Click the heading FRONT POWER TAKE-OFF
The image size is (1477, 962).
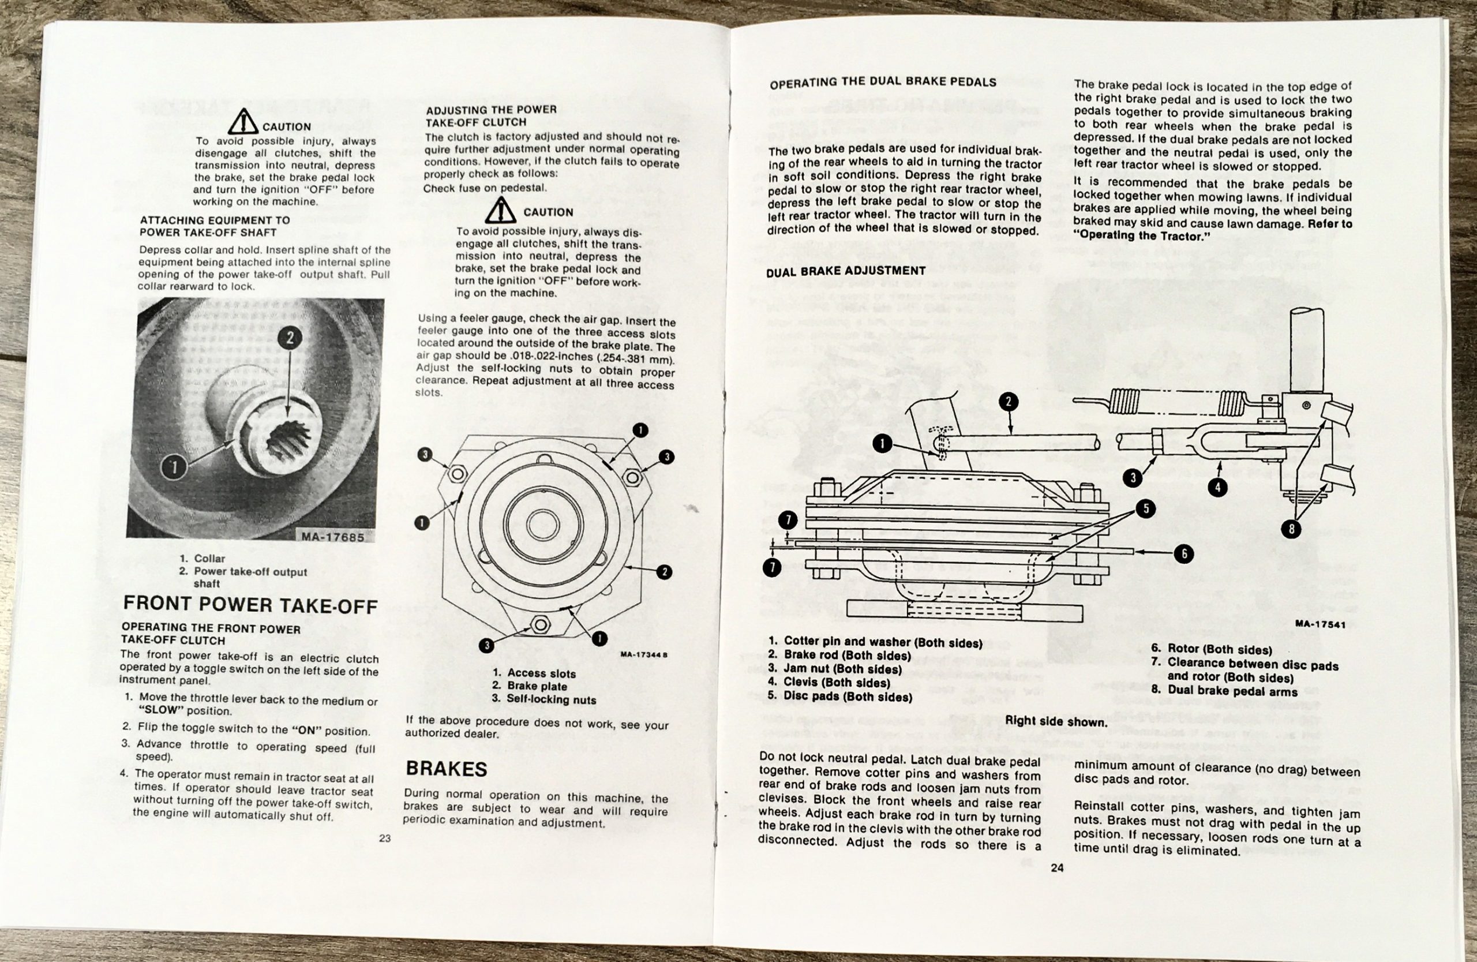pos(250,605)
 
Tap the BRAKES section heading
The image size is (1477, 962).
pos(446,769)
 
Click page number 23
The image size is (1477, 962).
pos(385,839)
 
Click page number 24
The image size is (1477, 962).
pos(1057,869)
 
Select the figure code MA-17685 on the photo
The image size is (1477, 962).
pos(333,537)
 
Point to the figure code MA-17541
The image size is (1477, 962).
pos(1321,624)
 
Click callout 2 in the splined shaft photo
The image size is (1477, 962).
pos(290,338)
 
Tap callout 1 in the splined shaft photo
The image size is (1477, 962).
pos(174,468)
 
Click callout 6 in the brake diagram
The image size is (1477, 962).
pos(1183,553)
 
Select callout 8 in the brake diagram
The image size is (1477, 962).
pos(1291,529)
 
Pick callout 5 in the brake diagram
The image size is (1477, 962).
pos(1146,509)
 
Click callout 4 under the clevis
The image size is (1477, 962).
pos(1217,488)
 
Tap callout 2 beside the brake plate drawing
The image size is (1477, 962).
pos(664,572)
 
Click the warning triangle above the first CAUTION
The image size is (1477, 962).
pos(243,122)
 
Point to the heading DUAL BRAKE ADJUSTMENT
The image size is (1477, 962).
pos(845,271)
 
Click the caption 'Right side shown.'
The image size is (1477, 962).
pos(1056,721)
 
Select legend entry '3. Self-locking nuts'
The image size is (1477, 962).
pos(543,699)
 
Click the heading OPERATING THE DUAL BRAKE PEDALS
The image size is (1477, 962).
pos(883,83)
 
